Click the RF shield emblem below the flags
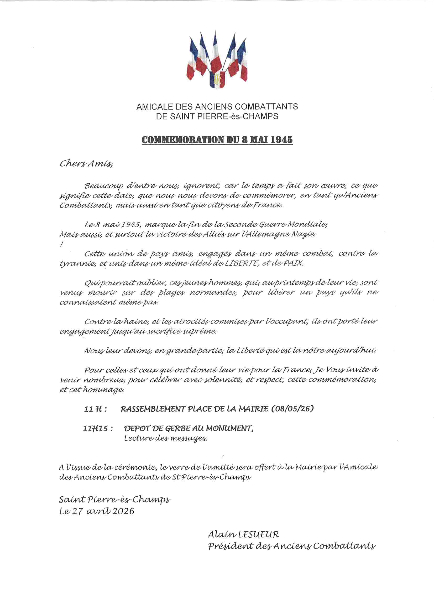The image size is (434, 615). (217, 79)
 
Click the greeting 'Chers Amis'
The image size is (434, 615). (86, 163)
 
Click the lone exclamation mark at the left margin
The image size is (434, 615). (62, 244)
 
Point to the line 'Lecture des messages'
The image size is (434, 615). (165, 439)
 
